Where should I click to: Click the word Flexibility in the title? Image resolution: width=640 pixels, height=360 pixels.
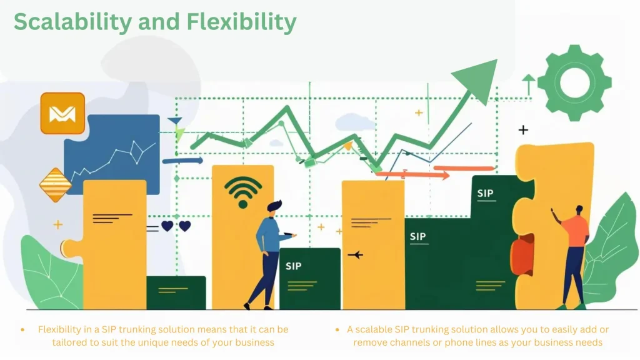coord(241,22)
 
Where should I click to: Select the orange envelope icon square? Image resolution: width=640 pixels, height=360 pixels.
coord(62,113)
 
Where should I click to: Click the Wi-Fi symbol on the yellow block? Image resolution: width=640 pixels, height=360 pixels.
coord(243,191)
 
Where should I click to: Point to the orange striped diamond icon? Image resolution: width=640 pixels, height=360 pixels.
coord(56,184)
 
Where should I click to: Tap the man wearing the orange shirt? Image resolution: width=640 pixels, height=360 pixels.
coord(574,250)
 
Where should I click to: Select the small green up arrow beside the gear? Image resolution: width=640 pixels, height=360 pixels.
coord(529,84)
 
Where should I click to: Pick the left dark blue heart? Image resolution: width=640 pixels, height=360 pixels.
coord(167,226)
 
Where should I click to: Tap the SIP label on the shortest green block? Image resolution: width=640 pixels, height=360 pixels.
coord(293,266)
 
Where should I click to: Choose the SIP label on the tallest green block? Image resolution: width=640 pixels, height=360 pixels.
coord(485,193)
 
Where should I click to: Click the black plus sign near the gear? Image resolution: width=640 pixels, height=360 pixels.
coord(523,130)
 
